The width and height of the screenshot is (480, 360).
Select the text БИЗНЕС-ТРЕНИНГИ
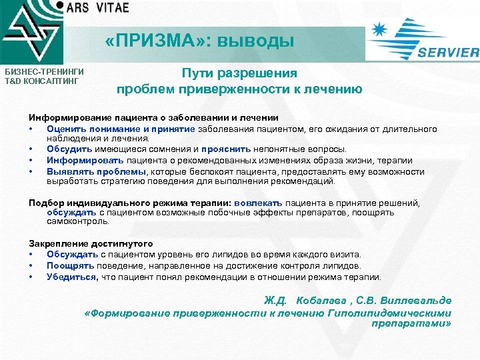click(x=44, y=71)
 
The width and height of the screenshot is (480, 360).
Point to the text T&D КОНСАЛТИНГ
click(x=42, y=81)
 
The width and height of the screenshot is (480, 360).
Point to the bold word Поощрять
click(x=69, y=265)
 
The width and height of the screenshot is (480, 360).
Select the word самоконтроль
click(x=77, y=221)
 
